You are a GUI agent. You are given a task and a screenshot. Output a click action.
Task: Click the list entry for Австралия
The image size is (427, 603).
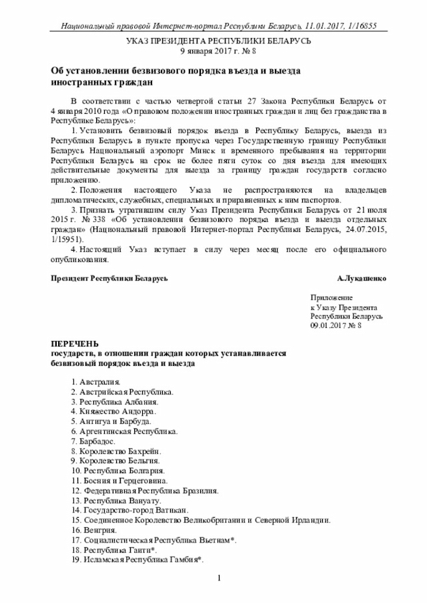pos(95,382)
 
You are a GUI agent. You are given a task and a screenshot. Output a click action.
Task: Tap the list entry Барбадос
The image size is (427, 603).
pos(95,441)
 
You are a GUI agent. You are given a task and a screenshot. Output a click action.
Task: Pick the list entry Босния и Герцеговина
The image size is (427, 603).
pos(119,480)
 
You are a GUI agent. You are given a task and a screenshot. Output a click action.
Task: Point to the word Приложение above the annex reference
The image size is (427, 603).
pos(332,297)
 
